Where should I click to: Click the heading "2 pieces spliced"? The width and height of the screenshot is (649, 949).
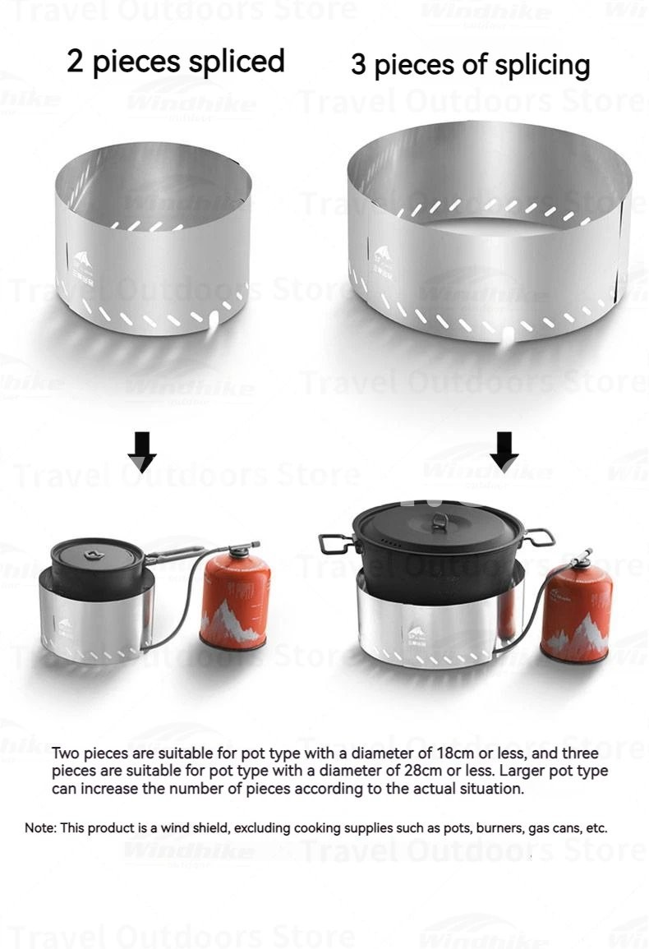(176, 62)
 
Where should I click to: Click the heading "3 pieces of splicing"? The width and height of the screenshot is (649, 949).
(471, 65)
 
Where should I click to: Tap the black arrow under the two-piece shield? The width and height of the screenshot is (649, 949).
(143, 452)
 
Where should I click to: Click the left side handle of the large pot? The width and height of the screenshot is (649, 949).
(336, 543)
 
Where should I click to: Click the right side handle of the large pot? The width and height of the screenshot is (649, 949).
(538, 537)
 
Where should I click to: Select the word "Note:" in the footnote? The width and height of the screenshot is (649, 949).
(40, 828)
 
